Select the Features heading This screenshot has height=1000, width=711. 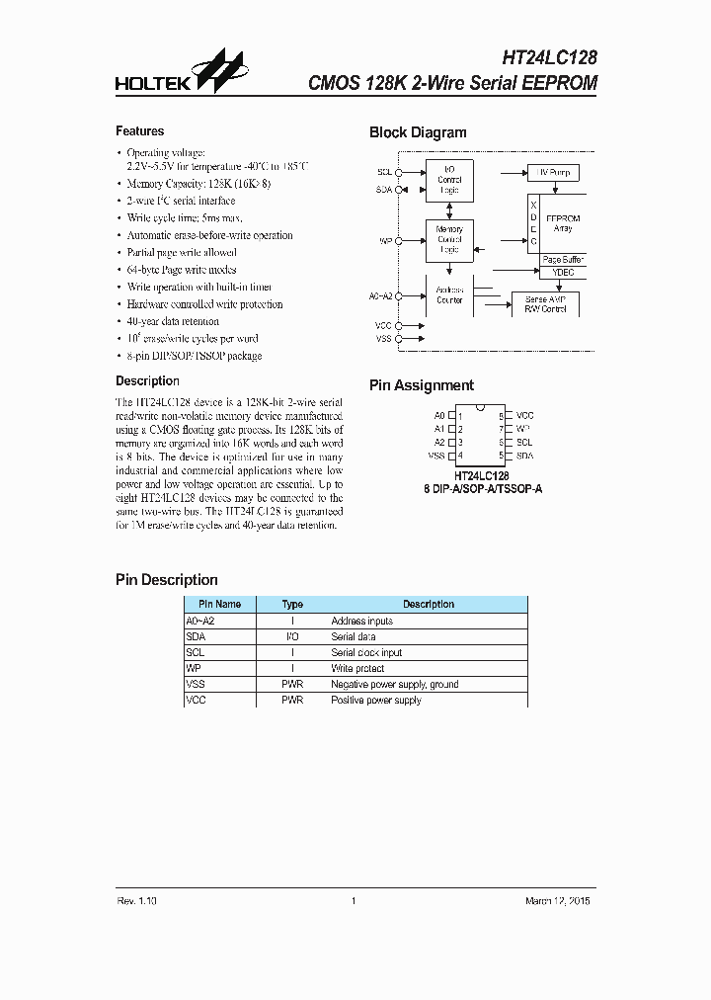click(x=140, y=131)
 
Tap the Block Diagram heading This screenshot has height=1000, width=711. click(x=418, y=132)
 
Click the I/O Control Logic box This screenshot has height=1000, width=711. click(x=449, y=180)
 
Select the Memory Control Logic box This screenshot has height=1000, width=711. click(x=449, y=240)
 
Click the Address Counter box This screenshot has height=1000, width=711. click(x=449, y=294)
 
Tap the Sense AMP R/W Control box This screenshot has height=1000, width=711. click(x=546, y=304)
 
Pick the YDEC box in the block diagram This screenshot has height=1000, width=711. click(x=563, y=274)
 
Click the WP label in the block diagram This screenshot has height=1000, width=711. click(x=385, y=240)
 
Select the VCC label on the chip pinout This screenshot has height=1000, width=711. click(x=525, y=416)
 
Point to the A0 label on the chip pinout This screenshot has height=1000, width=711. click(x=438, y=416)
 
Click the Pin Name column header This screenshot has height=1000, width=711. click(x=219, y=604)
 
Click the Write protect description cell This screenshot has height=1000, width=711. click(x=355, y=668)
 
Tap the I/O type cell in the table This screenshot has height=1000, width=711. click(x=292, y=636)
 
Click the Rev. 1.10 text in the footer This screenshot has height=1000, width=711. click(x=136, y=900)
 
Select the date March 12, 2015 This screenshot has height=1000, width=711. click(x=559, y=900)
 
